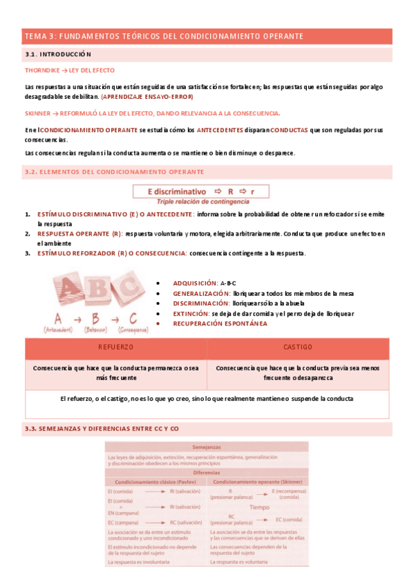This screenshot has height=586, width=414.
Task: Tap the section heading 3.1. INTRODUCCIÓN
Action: point(58,54)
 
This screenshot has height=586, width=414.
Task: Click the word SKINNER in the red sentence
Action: point(37,113)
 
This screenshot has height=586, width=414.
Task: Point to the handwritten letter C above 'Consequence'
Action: point(132,319)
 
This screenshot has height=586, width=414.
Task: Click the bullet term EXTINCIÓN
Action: point(191,313)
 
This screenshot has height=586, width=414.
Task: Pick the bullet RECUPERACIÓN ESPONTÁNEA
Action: point(220,323)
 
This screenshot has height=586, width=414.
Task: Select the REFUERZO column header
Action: point(115,347)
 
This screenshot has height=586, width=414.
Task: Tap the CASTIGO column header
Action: point(298,347)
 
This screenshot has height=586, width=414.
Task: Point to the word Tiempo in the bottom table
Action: point(259,507)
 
